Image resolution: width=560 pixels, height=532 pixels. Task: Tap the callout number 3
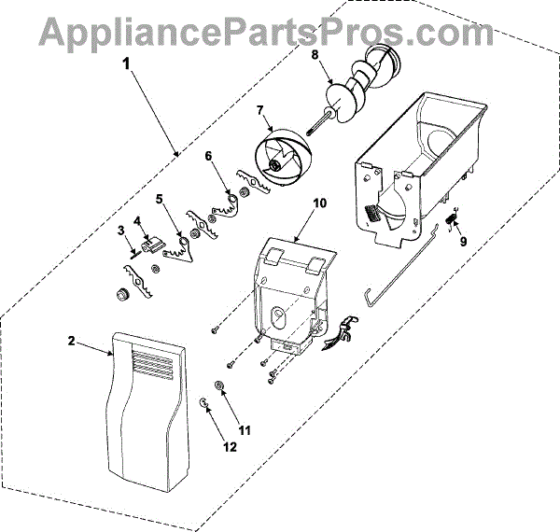120,231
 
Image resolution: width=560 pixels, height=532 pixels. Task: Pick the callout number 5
160,199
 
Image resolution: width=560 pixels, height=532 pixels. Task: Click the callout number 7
262,110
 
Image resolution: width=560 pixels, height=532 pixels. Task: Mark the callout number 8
315,55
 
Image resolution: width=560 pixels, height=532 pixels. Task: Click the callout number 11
245,430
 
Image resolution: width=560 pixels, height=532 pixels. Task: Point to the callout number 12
230,447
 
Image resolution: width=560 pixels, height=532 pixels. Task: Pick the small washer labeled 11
218,385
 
